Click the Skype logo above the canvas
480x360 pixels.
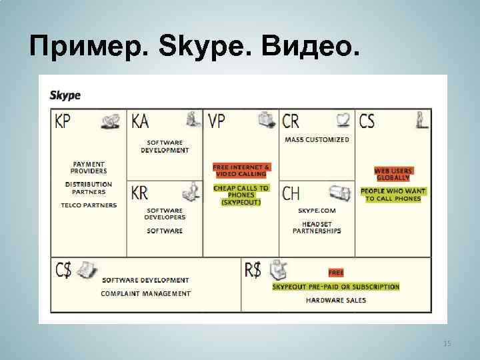(x=65, y=95)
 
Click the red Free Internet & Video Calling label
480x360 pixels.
(x=241, y=170)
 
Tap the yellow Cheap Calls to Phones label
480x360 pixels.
(x=241, y=195)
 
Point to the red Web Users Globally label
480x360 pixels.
(x=393, y=174)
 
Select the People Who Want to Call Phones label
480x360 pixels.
(x=393, y=195)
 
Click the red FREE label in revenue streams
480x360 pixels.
(x=335, y=273)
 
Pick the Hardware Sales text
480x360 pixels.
(x=335, y=301)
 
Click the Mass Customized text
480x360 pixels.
(x=317, y=140)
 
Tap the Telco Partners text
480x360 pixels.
(x=89, y=205)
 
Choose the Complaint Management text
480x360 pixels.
(x=145, y=293)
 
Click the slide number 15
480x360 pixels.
(x=447, y=343)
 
